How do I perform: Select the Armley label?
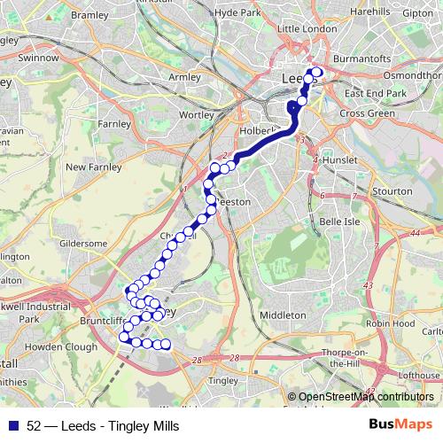click(x=184, y=77)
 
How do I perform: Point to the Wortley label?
click(x=197, y=115)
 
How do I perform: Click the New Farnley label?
click(x=88, y=167)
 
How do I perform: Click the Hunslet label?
click(x=340, y=159)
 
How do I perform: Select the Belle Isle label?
click(x=338, y=221)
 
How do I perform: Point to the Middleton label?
click(x=283, y=315)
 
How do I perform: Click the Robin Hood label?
click(x=391, y=324)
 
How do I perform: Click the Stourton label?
click(x=393, y=190)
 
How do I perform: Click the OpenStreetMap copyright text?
click(x=363, y=397)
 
